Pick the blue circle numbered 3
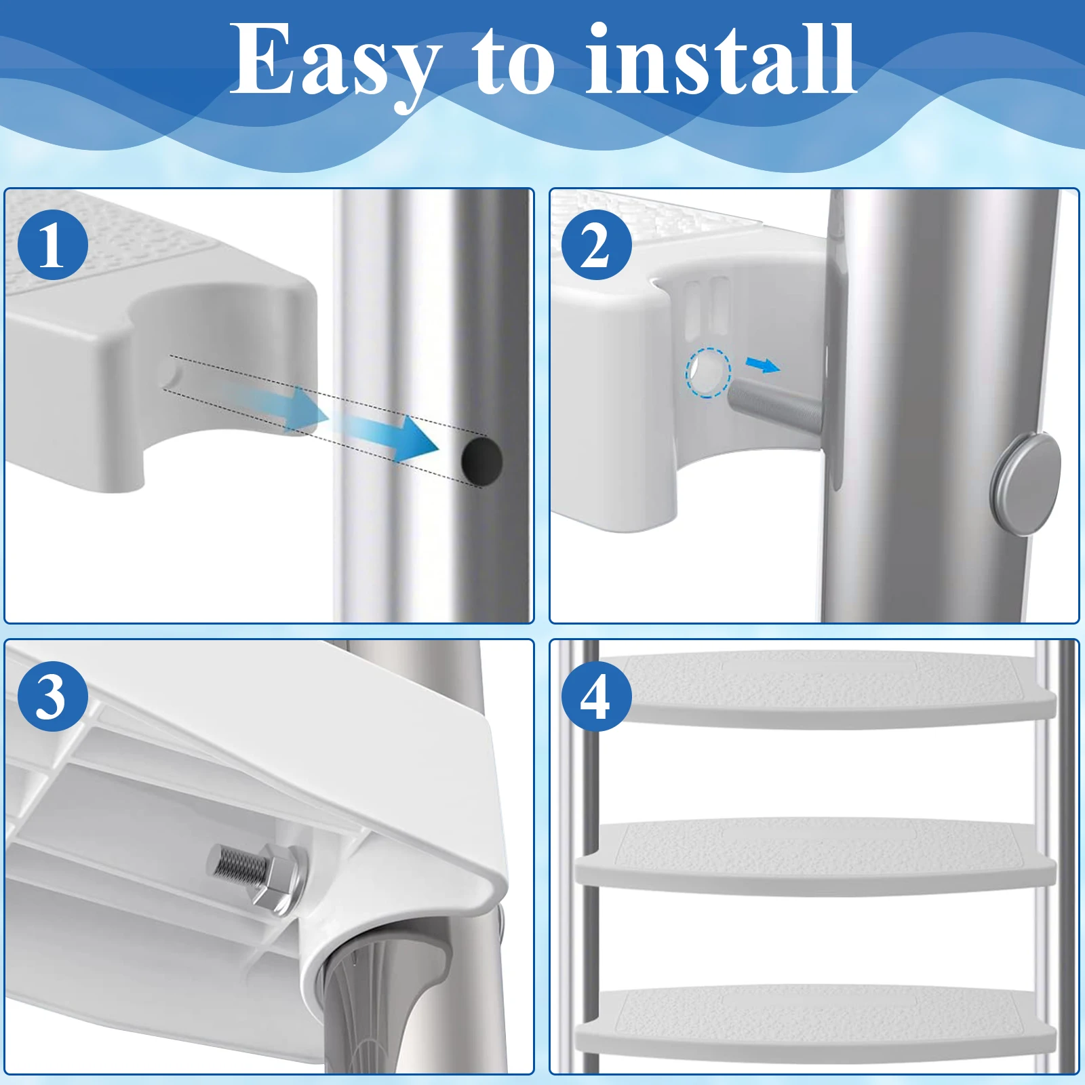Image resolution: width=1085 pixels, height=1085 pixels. pos(53,696)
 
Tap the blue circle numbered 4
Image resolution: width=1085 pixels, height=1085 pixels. pos(596,696)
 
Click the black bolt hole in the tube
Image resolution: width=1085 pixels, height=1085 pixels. pos(482,460)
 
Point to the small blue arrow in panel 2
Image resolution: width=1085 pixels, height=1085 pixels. pos(764,366)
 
